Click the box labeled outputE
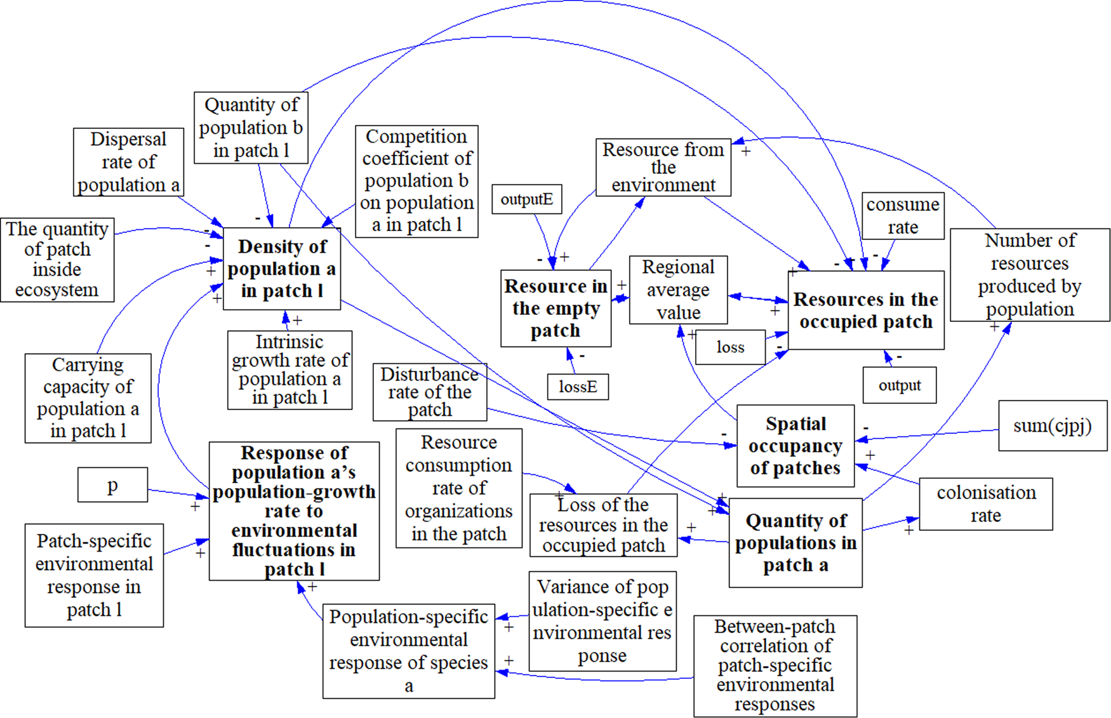click(526, 199)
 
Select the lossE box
click(578, 387)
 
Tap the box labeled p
click(112, 485)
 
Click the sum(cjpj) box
click(1052, 426)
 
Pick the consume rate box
click(902, 216)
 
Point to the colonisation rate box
click(985, 504)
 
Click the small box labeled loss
click(730, 347)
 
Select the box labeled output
click(899, 385)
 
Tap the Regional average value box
click(678, 290)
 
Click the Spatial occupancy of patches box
click(795, 446)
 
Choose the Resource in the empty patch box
click(555, 309)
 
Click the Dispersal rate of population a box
click(128, 162)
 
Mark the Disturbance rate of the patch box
click(430, 392)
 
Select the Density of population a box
click(282, 269)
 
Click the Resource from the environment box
click(663, 168)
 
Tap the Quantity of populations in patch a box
click(795, 543)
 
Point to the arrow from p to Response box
click(178, 493)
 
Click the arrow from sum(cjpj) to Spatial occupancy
click(927, 435)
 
